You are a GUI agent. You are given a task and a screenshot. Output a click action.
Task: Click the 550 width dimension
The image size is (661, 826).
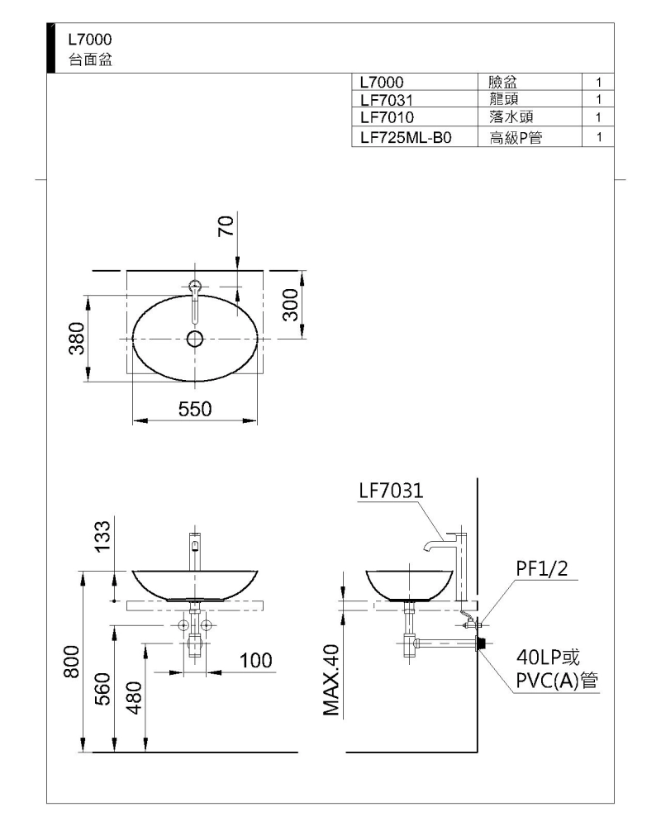(195, 409)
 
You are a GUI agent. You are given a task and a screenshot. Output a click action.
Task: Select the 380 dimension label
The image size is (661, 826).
(78, 338)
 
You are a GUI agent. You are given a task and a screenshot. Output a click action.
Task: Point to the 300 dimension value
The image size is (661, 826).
(291, 305)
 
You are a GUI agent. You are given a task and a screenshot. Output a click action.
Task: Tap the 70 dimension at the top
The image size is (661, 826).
(226, 226)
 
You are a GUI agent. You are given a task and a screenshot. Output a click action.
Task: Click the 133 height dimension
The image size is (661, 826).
(102, 536)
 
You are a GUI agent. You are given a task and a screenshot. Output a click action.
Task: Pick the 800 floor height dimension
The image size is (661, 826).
(72, 662)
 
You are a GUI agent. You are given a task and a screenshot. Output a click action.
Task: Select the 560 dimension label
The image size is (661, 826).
(103, 689)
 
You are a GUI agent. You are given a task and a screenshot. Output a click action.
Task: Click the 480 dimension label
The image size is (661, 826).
(135, 697)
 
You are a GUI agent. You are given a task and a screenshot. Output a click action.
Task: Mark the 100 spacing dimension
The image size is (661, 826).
(256, 660)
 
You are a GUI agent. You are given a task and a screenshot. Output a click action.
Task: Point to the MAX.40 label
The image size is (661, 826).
(331, 681)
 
